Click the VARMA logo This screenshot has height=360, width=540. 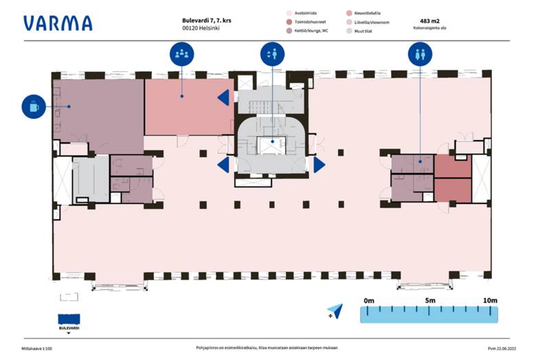58,23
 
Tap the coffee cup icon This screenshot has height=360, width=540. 34,106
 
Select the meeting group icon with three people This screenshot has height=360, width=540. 181,54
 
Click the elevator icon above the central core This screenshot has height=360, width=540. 273,54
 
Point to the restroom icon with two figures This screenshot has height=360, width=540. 420,54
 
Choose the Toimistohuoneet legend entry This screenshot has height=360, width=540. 310,22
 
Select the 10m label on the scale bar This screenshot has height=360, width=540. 489,300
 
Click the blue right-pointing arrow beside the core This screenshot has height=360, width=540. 319,165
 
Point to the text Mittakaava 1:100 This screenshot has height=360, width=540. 37,349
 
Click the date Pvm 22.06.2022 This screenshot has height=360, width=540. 502,349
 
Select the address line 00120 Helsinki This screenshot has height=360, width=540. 192,31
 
